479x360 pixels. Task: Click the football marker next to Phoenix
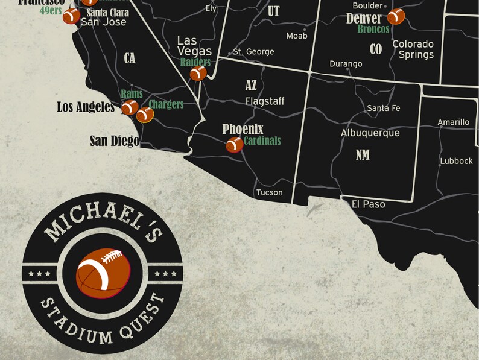pyautogui.click(x=233, y=145)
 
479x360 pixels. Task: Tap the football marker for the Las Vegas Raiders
pyautogui.click(x=198, y=73)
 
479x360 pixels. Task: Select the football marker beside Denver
pyautogui.click(x=396, y=16)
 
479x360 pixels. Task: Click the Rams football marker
pyautogui.click(x=130, y=107)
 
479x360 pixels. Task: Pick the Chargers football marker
pyautogui.click(x=145, y=114)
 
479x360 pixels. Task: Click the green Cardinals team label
pyautogui.click(x=262, y=141)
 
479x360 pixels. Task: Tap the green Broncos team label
pyautogui.click(x=372, y=29)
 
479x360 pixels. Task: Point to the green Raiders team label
pyautogui.click(x=195, y=62)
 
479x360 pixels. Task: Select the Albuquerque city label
pyautogui.click(x=370, y=133)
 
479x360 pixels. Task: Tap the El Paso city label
pyautogui.click(x=369, y=204)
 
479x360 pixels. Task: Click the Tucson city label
pyautogui.click(x=269, y=193)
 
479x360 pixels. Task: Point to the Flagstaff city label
pyautogui.click(x=264, y=101)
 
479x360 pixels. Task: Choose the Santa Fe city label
pyautogui.click(x=384, y=109)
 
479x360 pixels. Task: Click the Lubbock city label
pyautogui.click(x=456, y=161)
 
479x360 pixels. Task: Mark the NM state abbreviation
pyautogui.click(x=362, y=155)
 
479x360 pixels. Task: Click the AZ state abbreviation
pyautogui.click(x=251, y=86)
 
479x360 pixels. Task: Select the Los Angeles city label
pyautogui.click(x=86, y=107)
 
